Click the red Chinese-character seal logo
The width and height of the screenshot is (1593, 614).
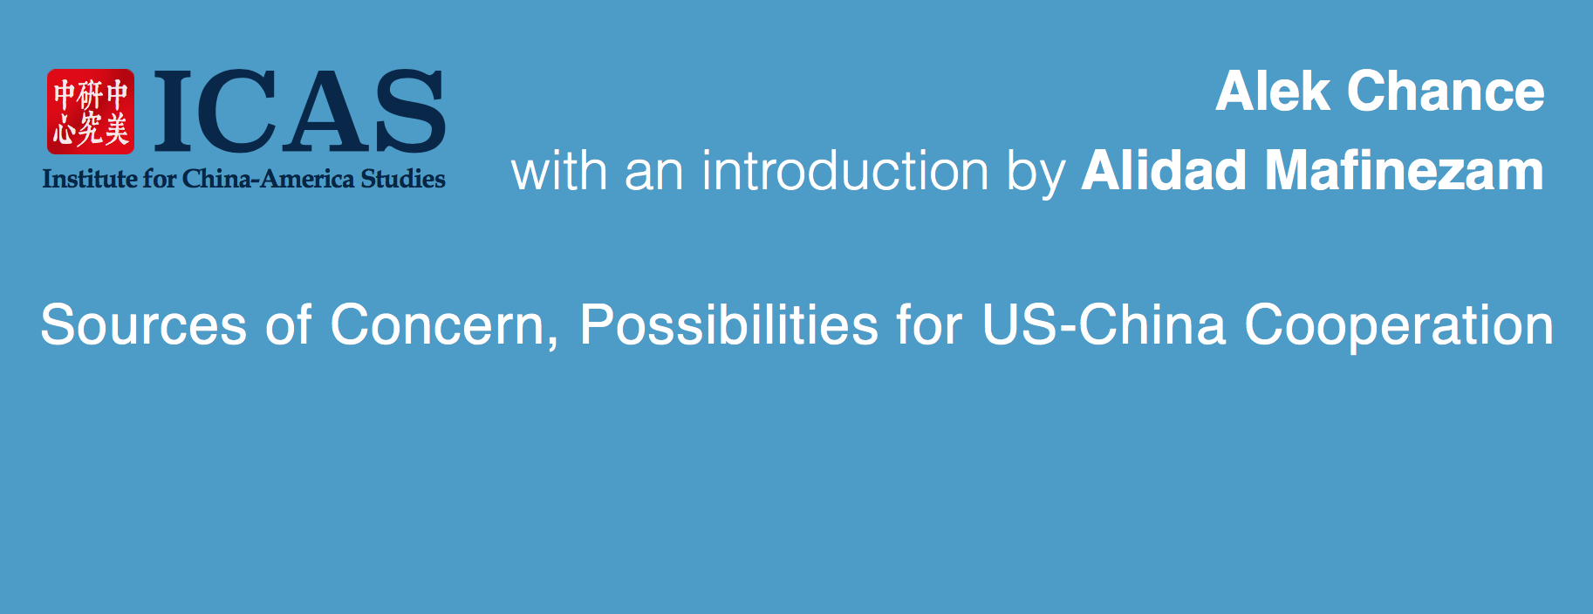[x=91, y=112]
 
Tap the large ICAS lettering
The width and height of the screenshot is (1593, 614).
[x=299, y=112]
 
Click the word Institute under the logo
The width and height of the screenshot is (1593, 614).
[x=90, y=179]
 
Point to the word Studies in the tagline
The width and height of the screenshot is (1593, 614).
[x=403, y=179]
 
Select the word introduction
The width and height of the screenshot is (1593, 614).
[x=845, y=171]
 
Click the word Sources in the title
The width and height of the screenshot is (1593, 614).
[x=144, y=325]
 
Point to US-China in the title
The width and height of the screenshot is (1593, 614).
[x=1104, y=325]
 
